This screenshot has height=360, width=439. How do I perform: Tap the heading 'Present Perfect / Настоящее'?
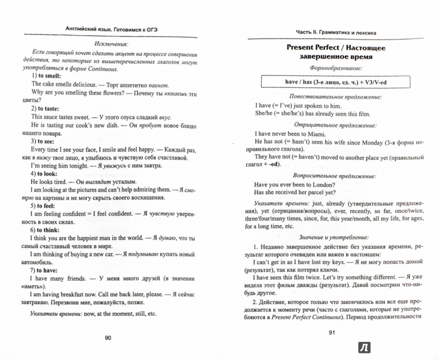tap(330, 48)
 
